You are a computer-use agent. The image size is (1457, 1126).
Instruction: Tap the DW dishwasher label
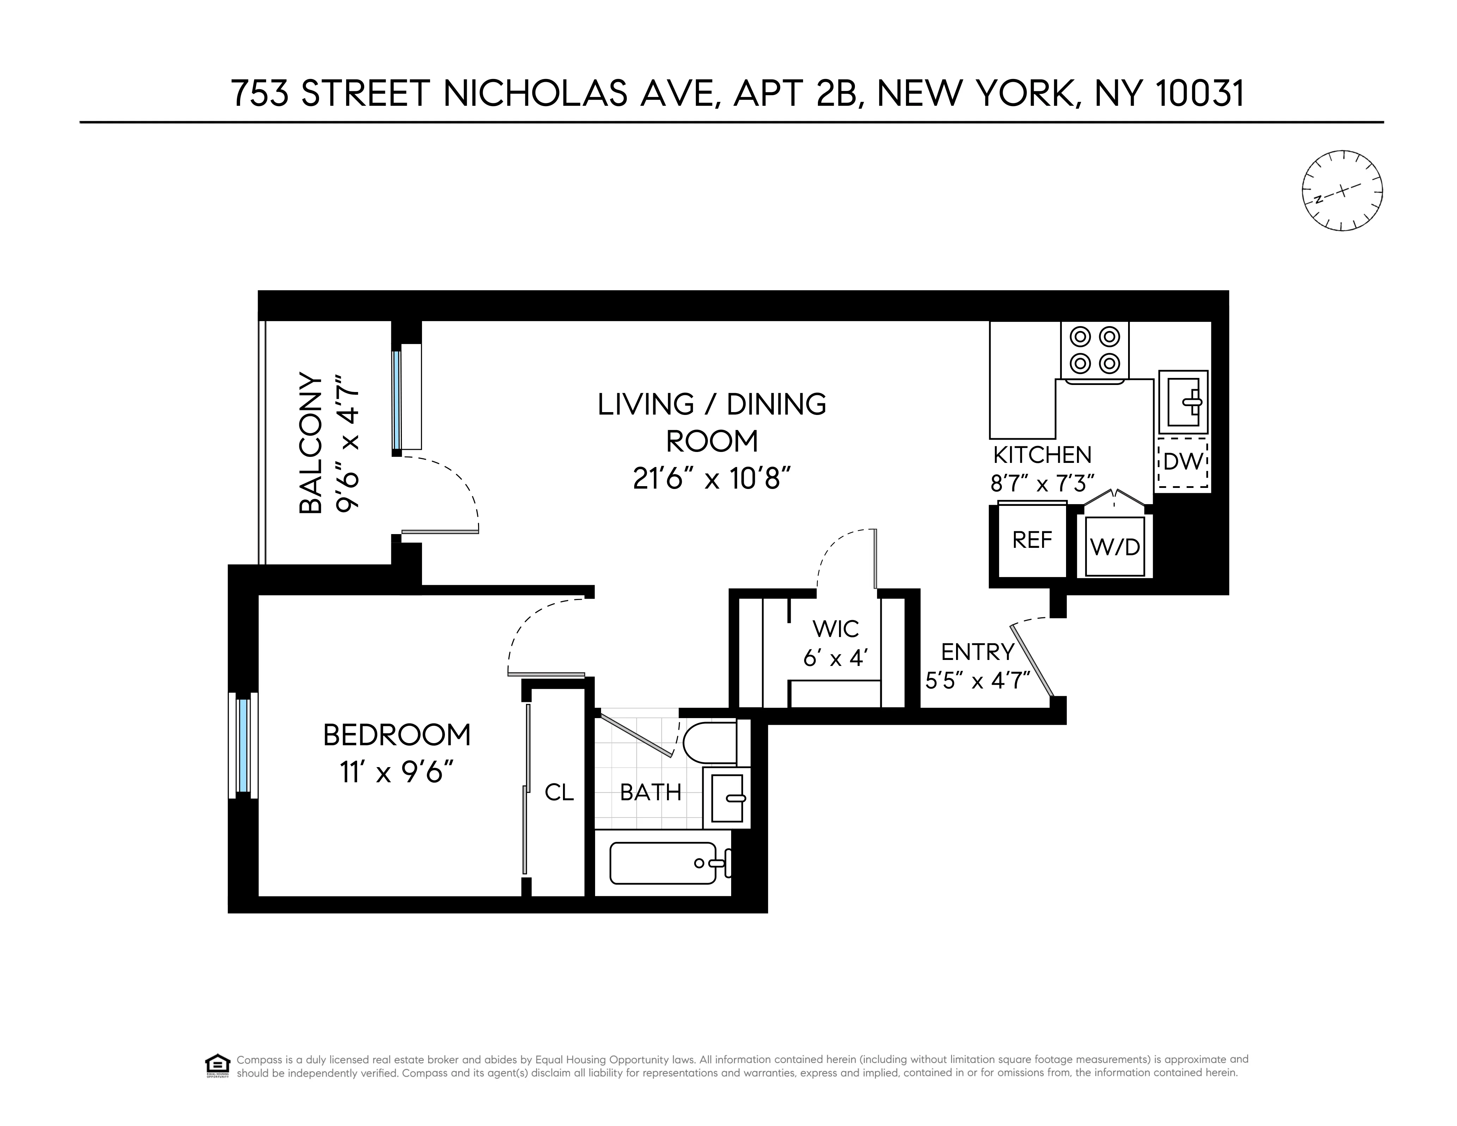click(x=1183, y=461)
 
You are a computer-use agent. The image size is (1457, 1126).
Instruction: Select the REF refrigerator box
click(x=1032, y=540)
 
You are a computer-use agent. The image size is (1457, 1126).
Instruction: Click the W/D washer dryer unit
click(x=1115, y=546)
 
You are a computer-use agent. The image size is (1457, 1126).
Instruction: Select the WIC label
click(x=835, y=628)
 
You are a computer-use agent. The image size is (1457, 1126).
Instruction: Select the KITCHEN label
click(x=1042, y=455)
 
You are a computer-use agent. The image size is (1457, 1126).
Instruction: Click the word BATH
click(x=650, y=793)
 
